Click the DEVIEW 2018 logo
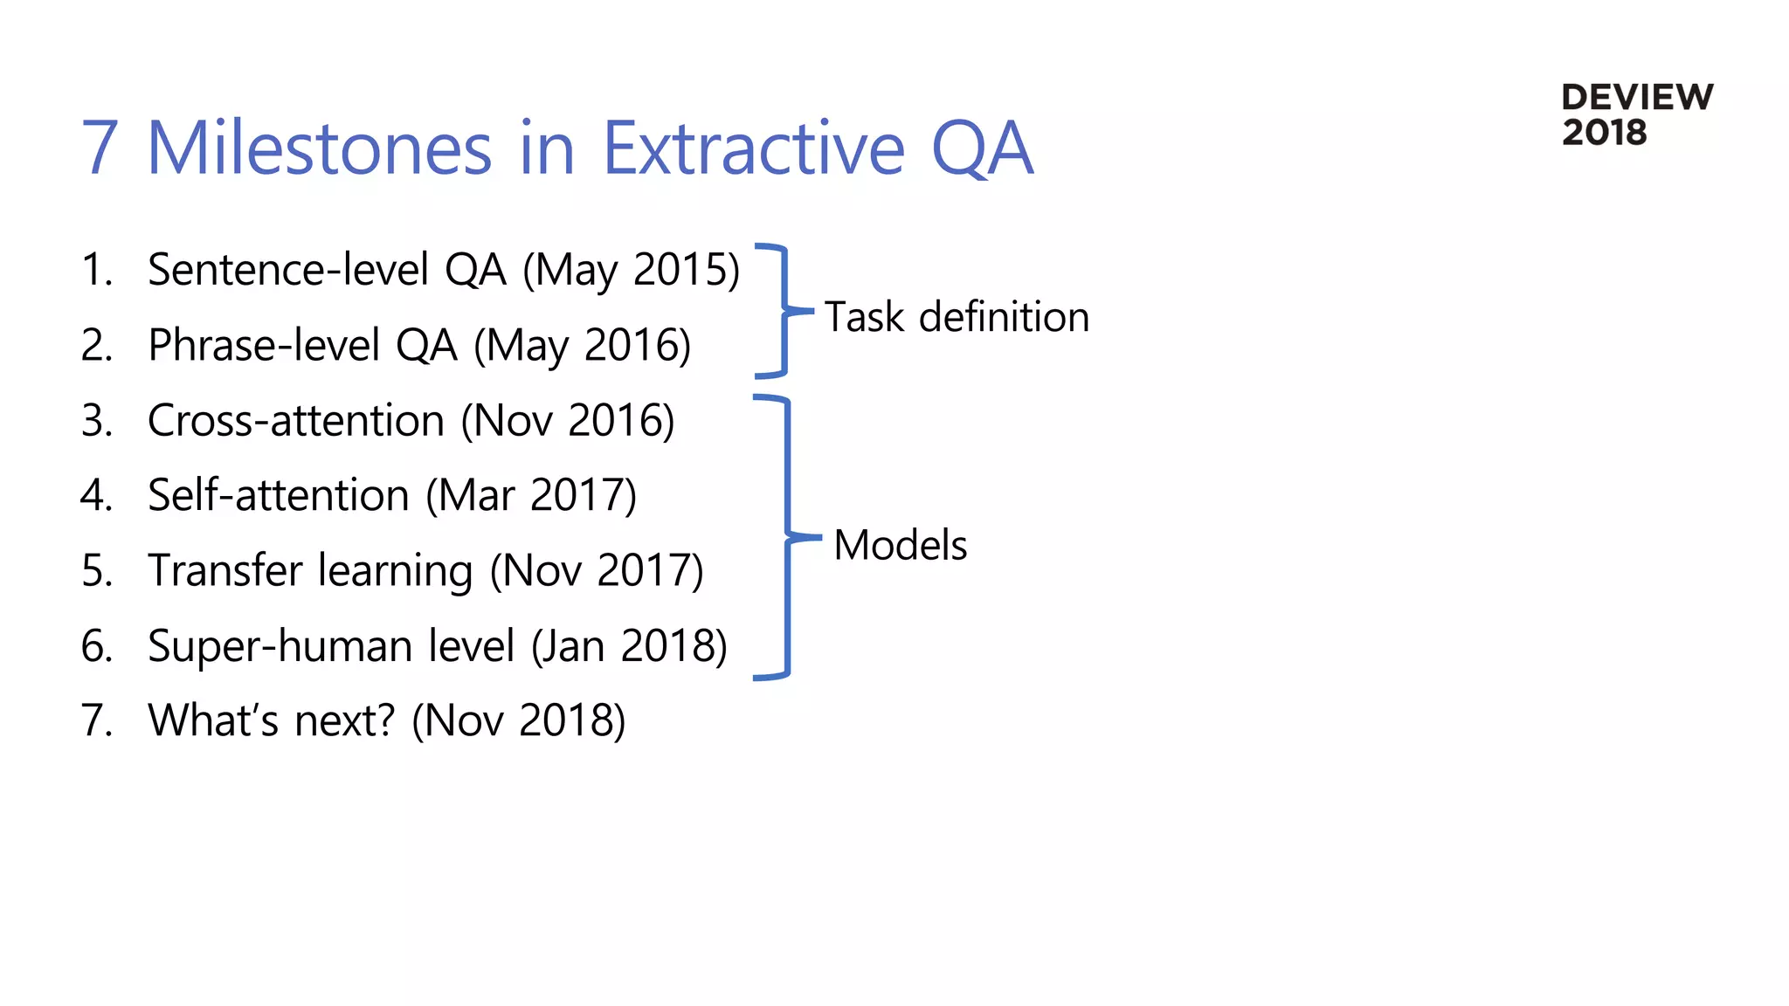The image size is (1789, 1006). (x=1636, y=114)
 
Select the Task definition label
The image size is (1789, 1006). (x=957, y=316)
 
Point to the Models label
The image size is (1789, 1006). (x=900, y=545)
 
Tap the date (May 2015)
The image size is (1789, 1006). (x=631, y=270)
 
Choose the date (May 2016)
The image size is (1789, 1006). (x=582, y=346)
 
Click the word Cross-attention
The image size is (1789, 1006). (x=296, y=421)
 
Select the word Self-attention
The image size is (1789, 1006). (x=278, y=496)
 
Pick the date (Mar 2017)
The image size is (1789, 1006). (x=531, y=496)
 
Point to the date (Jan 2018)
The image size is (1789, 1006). (x=629, y=647)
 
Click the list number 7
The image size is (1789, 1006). (x=96, y=721)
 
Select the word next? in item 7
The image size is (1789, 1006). (x=345, y=721)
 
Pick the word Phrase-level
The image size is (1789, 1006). (x=264, y=346)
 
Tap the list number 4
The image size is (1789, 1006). (x=96, y=496)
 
